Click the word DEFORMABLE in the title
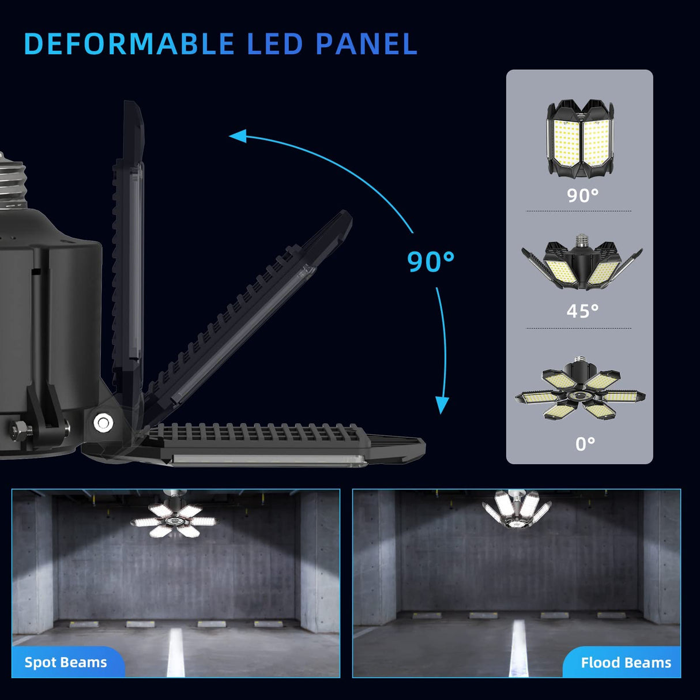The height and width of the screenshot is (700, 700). [x=129, y=44]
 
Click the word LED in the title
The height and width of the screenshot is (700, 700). [x=275, y=44]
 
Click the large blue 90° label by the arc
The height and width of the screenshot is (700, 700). [x=430, y=261]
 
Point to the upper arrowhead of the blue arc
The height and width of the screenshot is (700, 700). [x=238, y=136]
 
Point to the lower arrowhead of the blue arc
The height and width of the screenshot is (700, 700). [x=442, y=405]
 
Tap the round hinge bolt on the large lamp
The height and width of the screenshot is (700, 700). [x=103, y=423]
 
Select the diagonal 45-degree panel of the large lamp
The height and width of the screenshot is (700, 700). [x=248, y=311]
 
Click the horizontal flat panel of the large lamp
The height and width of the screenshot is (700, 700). [x=277, y=444]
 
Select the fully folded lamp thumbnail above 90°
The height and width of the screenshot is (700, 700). [x=579, y=138]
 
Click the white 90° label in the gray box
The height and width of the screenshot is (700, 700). [x=582, y=195]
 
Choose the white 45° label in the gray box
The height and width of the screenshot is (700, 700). [x=582, y=311]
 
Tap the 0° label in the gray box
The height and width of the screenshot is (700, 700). [x=585, y=443]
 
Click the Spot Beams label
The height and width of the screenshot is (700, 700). [x=66, y=662]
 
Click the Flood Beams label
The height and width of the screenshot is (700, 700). [x=626, y=663]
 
